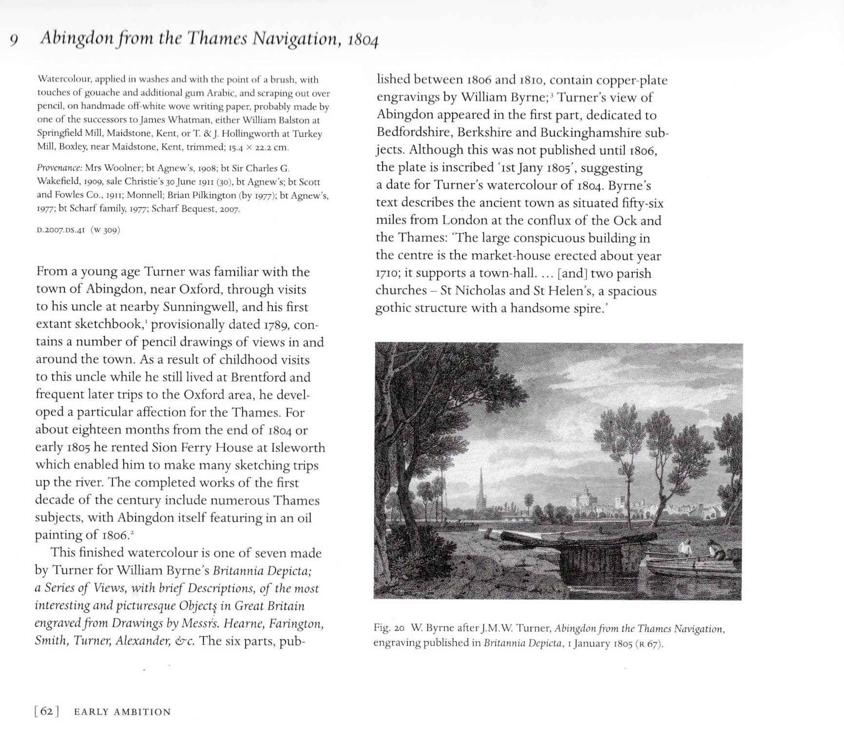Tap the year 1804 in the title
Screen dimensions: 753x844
coord(363,40)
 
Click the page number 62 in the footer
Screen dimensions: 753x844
coord(46,712)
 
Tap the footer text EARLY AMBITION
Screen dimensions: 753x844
coord(122,712)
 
